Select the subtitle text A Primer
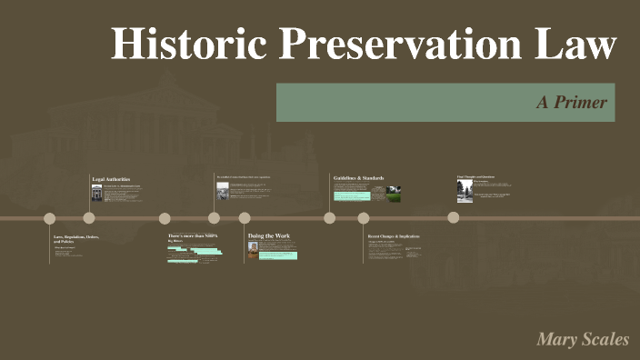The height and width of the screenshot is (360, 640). pyautogui.click(x=571, y=103)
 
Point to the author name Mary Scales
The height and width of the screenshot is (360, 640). pyautogui.click(x=583, y=340)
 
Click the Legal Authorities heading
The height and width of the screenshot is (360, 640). pyautogui.click(x=111, y=179)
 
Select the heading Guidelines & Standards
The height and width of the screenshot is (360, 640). pyautogui.click(x=358, y=177)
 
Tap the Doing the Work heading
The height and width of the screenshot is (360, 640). pyautogui.click(x=269, y=236)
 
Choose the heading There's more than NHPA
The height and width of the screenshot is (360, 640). pyautogui.click(x=193, y=236)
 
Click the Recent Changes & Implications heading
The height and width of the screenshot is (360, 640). pyautogui.click(x=394, y=236)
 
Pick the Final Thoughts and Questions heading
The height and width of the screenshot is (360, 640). pyautogui.click(x=475, y=176)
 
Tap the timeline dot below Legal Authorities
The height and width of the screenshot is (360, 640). pyautogui.click(x=89, y=218)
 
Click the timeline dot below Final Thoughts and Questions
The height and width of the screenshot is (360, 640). pyautogui.click(x=453, y=217)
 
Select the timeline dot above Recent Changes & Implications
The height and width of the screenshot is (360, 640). pyautogui.click(x=364, y=218)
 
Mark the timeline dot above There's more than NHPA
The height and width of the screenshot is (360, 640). pyautogui.click(x=165, y=218)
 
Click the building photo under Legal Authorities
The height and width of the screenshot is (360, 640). pyautogui.click(x=96, y=194)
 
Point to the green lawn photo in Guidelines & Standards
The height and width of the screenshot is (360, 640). pyautogui.click(x=393, y=194)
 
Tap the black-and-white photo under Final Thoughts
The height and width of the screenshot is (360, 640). pyautogui.click(x=465, y=190)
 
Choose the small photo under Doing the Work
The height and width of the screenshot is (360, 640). pyautogui.click(x=253, y=246)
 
